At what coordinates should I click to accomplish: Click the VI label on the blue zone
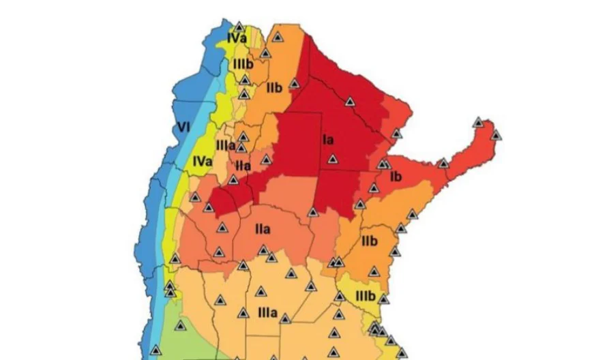[x=183, y=127]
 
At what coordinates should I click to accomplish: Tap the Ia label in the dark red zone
[x=328, y=140]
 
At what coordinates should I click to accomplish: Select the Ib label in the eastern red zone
[x=396, y=177]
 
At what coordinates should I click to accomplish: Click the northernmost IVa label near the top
[x=237, y=38]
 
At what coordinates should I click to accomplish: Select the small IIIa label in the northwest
[x=226, y=145]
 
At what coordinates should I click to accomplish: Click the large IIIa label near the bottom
[x=267, y=313]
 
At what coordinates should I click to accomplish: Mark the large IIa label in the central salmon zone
[x=262, y=229]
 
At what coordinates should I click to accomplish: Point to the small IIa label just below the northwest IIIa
[x=243, y=166]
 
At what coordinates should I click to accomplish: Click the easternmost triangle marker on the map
[x=496, y=134]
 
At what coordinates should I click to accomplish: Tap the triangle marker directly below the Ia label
[x=332, y=160]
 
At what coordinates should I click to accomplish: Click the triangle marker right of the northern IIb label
[x=294, y=84]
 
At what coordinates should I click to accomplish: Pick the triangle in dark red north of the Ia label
[x=349, y=101]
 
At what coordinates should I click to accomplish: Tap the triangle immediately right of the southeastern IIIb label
[x=383, y=299]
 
